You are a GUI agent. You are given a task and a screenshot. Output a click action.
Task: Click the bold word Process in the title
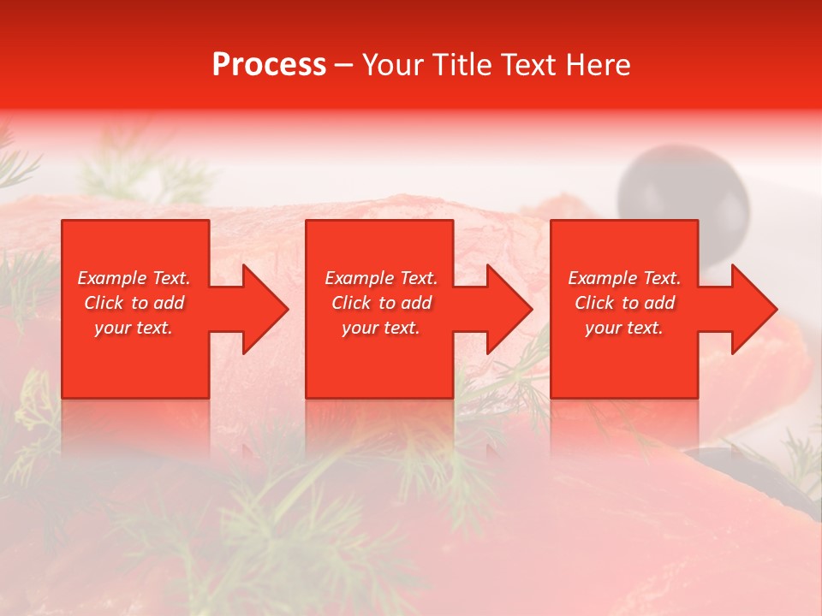[269, 65]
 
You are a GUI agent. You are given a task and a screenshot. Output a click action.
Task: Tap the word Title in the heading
[462, 65]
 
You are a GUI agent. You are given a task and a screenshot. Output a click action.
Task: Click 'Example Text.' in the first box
[134, 278]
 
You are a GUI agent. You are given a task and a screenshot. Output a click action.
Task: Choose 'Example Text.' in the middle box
[381, 278]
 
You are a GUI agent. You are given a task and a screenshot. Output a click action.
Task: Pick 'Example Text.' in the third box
[624, 278]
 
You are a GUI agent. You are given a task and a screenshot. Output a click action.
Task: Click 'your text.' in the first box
[134, 328]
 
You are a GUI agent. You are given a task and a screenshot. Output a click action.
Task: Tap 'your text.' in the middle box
[381, 328]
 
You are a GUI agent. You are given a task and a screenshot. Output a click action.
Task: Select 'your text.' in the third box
[624, 328]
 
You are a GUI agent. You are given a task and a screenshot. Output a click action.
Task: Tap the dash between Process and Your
[343, 65]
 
